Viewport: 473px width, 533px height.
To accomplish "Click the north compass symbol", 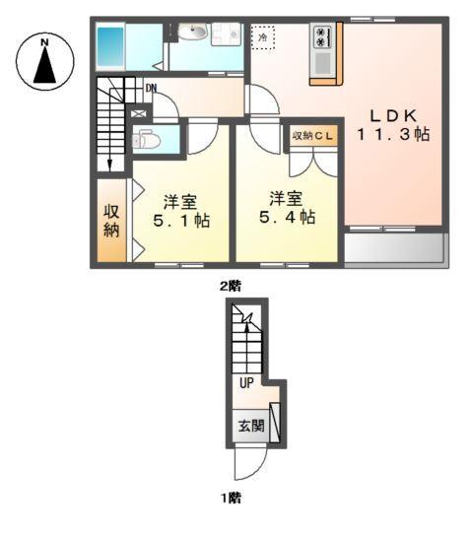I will point(44,61).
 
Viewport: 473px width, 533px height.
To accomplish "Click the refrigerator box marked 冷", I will point(263,37).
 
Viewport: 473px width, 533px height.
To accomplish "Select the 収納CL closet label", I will point(312,135).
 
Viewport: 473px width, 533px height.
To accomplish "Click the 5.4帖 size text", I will point(280,217).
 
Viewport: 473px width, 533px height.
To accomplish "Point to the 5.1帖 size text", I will point(179,221).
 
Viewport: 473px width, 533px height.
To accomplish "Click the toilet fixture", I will point(147,140).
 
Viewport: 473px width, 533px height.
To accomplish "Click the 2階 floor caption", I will point(230,286).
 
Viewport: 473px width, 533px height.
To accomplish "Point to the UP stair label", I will point(245,383).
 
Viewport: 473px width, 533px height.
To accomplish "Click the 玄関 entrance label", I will point(250,427).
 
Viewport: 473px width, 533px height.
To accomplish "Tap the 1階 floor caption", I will point(230,500).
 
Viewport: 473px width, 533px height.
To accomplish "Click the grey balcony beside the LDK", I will point(395,249).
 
